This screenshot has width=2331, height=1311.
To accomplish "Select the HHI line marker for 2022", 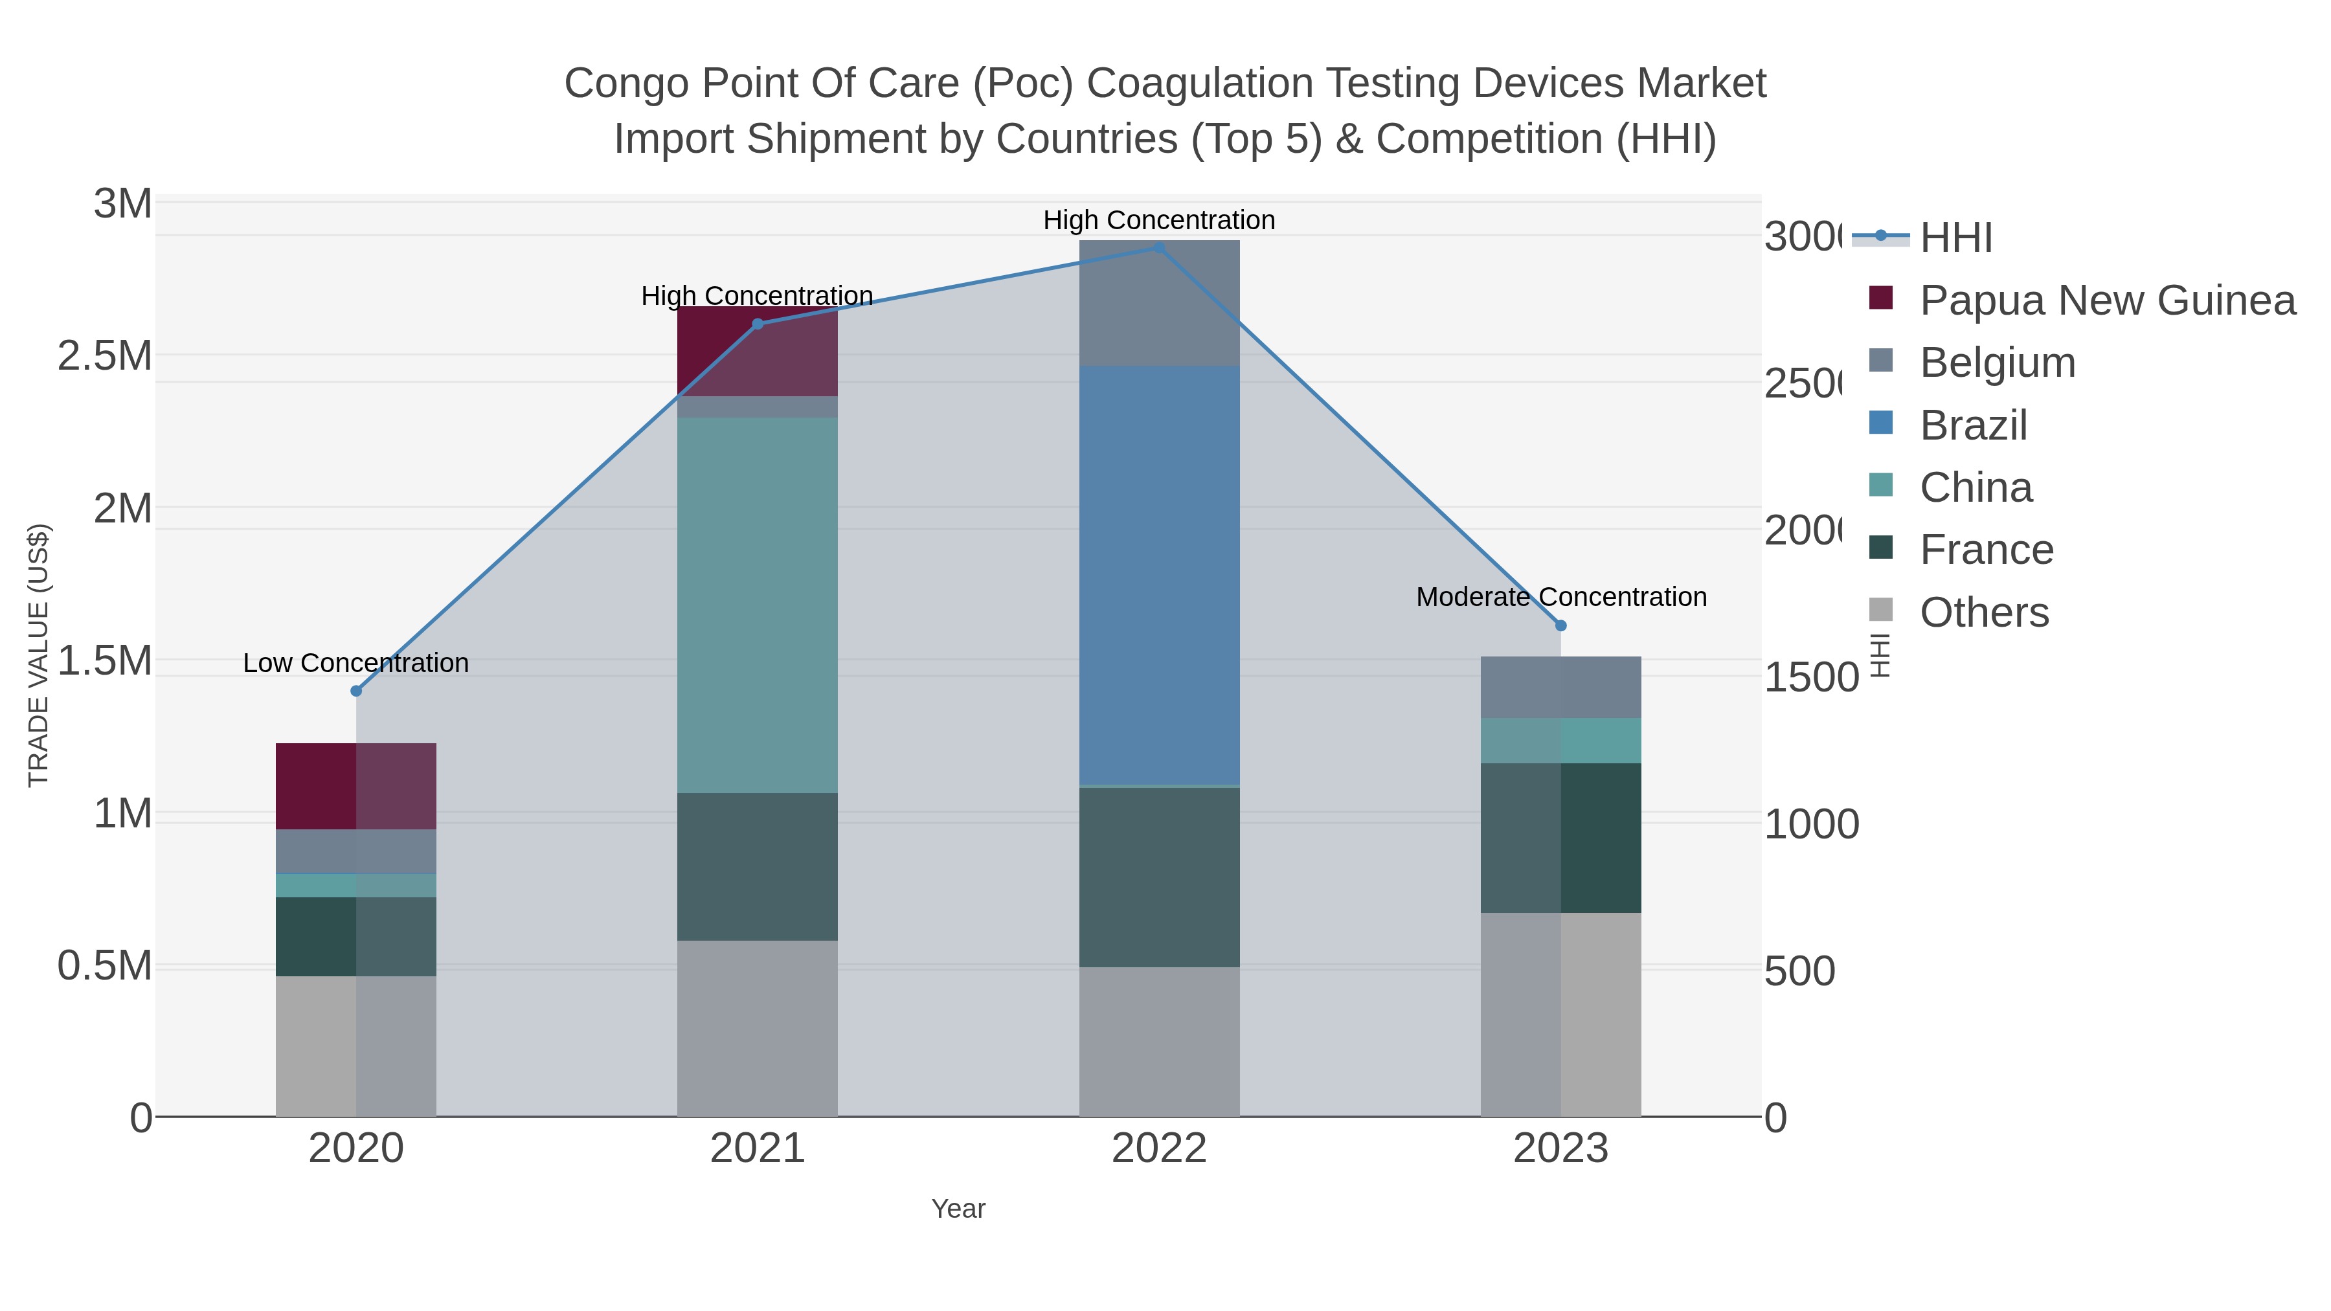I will tap(1159, 248).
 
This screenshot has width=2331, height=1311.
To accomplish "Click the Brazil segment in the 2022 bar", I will tap(1159, 576).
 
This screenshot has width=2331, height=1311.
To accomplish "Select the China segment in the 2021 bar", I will tap(758, 605).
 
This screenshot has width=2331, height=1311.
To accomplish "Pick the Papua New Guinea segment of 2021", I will tap(758, 351).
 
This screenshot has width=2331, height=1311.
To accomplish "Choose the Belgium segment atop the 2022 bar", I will tap(1159, 303).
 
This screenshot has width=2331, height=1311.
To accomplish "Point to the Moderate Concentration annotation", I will tap(1561, 597).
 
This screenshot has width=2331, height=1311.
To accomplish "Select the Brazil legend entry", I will tap(1973, 425).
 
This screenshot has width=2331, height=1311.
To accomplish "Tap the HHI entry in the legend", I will tap(1955, 238).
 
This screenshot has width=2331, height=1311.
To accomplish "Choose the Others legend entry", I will tap(1983, 612).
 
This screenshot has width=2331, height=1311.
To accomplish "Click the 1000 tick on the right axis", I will tap(1810, 824).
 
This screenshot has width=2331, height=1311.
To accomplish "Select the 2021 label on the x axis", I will tap(758, 1149).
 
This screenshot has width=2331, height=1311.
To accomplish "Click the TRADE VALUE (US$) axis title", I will tap(39, 655).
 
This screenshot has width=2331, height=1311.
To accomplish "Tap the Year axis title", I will tap(958, 1209).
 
